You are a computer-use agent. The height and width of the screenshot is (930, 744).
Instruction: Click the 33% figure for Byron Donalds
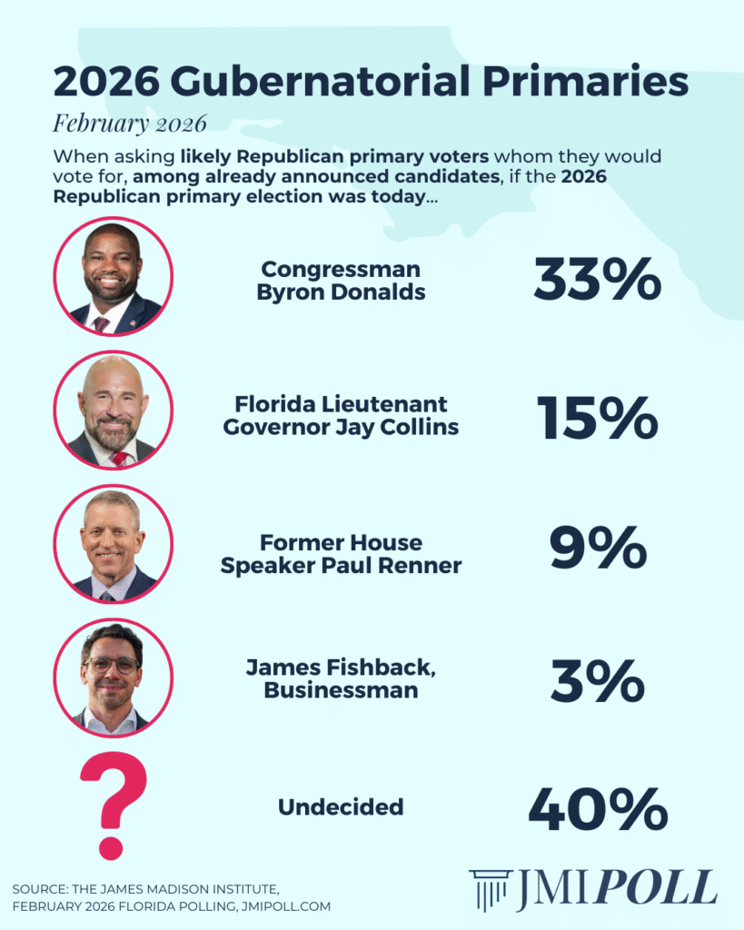point(597,281)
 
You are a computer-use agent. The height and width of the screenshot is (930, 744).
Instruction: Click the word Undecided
point(341,806)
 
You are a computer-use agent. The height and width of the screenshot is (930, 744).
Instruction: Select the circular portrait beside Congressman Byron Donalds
point(113,277)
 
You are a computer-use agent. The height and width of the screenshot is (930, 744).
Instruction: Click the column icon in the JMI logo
point(490,890)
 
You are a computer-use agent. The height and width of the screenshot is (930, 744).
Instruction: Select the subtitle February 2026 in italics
point(130,122)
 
